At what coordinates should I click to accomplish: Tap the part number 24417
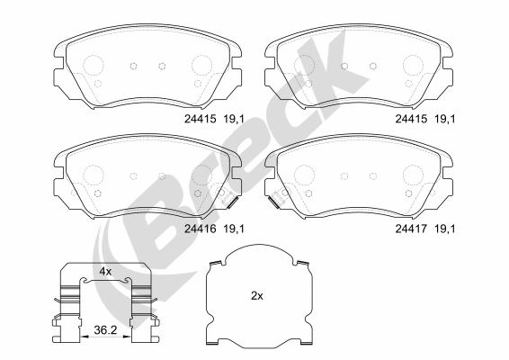(x=409, y=229)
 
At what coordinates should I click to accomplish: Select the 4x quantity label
(x=104, y=270)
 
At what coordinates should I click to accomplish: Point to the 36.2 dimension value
(x=106, y=332)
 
